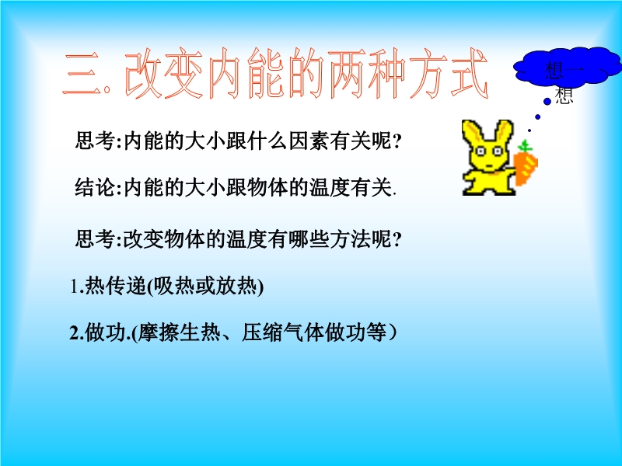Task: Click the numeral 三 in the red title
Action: tap(82, 74)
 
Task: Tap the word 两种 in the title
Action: tap(368, 74)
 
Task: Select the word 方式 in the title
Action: tap(449, 74)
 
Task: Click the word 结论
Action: tap(95, 187)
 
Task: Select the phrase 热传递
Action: tap(116, 286)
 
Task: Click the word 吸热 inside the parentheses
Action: tap(173, 286)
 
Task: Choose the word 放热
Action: tap(236, 286)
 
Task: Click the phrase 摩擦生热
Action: tap(179, 332)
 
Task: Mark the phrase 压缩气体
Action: tap(283, 332)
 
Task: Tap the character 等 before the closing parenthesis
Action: tap(376, 332)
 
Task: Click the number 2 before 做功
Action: tap(74, 333)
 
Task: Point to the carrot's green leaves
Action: tap(525, 146)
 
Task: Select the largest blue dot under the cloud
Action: tap(547, 102)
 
